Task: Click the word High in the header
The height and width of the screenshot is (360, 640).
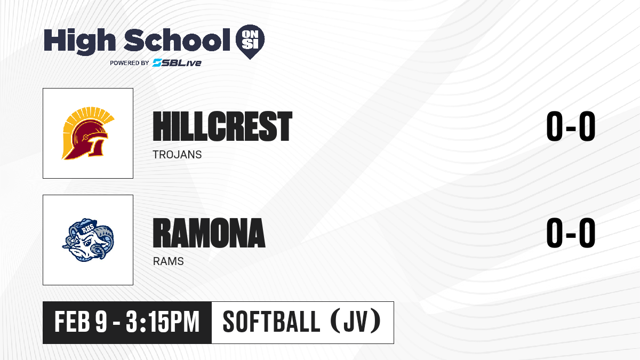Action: click(x=79, y=42)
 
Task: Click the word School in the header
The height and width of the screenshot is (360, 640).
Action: click(x=177, y=39)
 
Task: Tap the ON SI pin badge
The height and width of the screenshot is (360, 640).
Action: click(x=250, y=42)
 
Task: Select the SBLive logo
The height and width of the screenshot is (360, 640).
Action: click(x=177, y=62)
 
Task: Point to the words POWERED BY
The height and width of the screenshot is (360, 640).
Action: click(x=130, y=63)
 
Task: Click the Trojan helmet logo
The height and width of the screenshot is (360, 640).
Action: click(x=88, y=133)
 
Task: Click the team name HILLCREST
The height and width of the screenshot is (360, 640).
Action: click(x=222, y=126)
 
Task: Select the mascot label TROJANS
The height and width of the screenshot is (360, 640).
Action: click(x=177, y=155)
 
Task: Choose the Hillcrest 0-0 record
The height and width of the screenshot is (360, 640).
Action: click(x=571, y=126)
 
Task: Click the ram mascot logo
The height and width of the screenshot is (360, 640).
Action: click(x=88, y=239)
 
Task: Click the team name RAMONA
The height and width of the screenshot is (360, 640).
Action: click(x=209, y=233)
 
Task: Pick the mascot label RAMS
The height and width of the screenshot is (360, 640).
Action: click(x=169, y=261)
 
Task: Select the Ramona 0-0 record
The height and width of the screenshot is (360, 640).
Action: click(x=571, y=233)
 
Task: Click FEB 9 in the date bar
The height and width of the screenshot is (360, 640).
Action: click(x=81, y=322)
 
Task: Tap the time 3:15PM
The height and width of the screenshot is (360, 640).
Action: click(x=162, y=322)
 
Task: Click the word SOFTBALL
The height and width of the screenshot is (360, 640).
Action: click(x=271, y=322)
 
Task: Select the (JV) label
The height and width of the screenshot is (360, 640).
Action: click(x=356, y=322)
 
